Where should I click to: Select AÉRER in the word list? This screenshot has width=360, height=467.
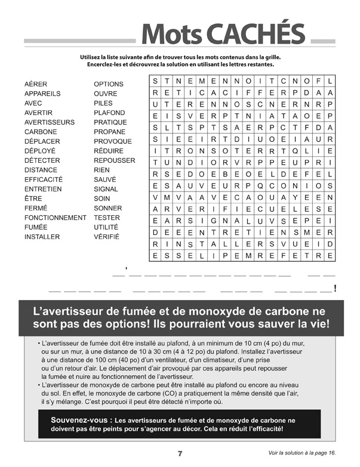[36, 84]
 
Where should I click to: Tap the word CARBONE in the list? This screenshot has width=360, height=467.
[41, 132]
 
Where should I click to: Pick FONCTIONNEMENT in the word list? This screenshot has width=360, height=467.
[56, 218]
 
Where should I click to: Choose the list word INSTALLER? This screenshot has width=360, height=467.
[42, 237]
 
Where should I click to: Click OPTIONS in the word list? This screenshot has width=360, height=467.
[109, 84]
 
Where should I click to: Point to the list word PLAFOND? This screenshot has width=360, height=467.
[109, 113]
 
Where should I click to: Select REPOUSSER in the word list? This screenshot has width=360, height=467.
[114, 160]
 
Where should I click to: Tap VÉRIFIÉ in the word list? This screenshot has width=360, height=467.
[107, 237]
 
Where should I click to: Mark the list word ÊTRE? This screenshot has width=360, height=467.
[33, 199]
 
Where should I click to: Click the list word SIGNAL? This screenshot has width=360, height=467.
[106, 189]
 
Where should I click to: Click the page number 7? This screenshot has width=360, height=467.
[180, 453]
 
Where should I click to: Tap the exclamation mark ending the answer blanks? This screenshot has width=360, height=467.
[336, 289]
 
